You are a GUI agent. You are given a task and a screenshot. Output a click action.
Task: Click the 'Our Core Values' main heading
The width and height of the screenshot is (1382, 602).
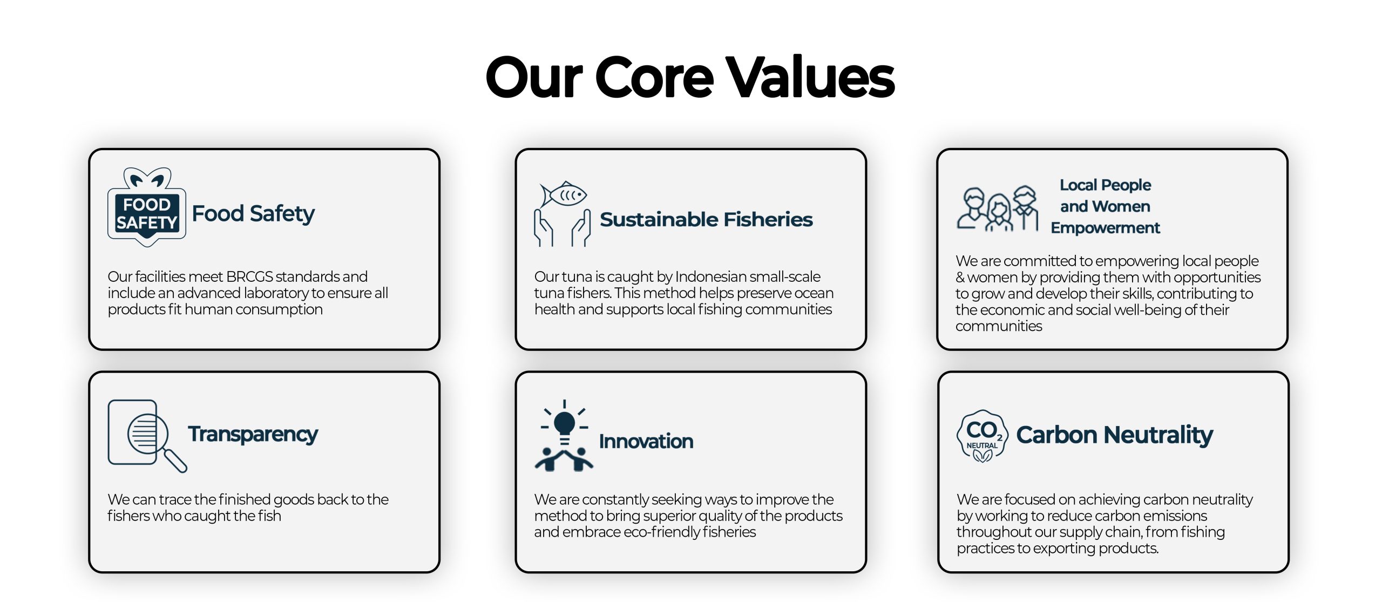[690, 78]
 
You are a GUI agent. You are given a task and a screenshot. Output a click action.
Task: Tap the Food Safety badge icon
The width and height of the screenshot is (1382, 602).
[147, 207]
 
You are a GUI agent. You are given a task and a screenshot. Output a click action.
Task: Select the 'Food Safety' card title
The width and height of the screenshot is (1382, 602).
[253, 214]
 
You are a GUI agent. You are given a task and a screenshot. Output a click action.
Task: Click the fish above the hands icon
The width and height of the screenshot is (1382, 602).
[563, 194]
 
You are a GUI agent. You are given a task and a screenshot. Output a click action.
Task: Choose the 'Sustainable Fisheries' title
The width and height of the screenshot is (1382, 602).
[706, 220]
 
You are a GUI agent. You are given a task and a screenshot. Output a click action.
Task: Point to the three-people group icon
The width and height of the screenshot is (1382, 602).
[998, 209]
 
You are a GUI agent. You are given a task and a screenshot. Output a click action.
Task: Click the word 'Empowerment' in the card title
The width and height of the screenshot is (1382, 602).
[1105, 228]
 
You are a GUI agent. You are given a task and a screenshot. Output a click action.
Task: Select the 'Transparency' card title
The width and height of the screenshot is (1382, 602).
[253, 435]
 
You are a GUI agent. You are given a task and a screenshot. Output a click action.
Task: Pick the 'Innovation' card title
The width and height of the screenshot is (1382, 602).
[646, 442]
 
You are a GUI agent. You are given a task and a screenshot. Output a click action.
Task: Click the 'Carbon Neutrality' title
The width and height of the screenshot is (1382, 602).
[1115, 435]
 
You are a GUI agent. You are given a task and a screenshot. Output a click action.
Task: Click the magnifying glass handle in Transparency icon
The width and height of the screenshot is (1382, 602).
[175, 461]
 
